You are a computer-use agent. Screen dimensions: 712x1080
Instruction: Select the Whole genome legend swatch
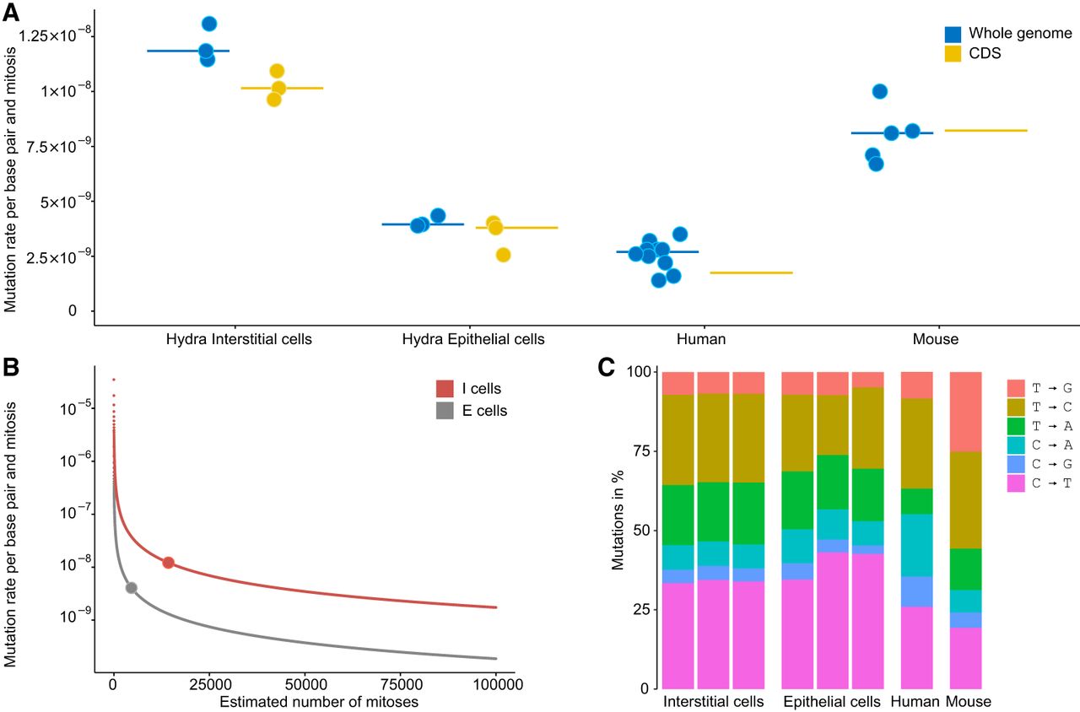(953, 34)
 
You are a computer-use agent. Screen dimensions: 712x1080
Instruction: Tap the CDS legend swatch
(953, 53)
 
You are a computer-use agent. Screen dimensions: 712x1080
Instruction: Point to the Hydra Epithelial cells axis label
(472, 339)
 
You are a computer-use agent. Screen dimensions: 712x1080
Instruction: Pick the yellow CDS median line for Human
(751, 272)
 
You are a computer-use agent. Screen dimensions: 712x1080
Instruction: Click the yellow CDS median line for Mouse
(985, 131)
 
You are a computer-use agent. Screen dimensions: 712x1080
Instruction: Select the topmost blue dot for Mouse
(879, 91)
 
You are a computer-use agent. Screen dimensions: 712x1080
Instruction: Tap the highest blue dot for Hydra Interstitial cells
(209, 24)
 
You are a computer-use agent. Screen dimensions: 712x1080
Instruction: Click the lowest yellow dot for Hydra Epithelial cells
(503, 255)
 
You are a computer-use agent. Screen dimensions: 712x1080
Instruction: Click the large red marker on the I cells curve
(168, 563)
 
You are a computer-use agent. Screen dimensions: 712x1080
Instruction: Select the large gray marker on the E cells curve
(131, 588)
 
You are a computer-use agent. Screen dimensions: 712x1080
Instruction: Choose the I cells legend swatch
(445, 389)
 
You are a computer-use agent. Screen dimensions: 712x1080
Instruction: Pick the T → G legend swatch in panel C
(1016, 388)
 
